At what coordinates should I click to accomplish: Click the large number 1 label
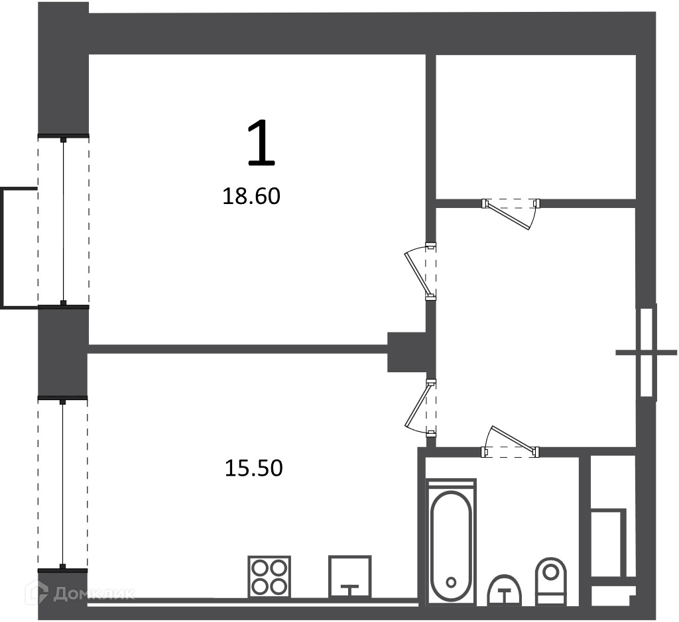click(261, 143)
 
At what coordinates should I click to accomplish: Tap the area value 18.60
click(251, 196)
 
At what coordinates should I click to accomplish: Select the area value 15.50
click(254, 468)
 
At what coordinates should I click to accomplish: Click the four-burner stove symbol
click(269, 576)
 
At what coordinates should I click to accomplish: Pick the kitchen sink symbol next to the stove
click(349, 576)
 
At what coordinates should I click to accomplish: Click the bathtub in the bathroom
click(451, 541)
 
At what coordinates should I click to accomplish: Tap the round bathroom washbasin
click(504, 590)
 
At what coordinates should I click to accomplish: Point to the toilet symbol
click(551, 581)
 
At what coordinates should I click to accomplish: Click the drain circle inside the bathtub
click(451, 582)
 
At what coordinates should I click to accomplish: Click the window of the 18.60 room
click(63, 221)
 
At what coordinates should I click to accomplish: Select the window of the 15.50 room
click(63, 484)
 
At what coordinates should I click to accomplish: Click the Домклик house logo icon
click(37, 592)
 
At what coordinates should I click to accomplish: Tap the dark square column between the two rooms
click(406, 352)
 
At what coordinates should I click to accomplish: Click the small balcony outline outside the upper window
click(19, 248)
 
